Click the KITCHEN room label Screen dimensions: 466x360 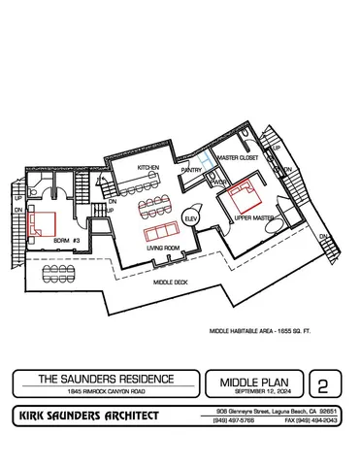pos(147,168)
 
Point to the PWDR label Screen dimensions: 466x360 pos(220,183)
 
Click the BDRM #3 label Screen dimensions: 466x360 pos(65,239)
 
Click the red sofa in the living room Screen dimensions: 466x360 pos(157,234)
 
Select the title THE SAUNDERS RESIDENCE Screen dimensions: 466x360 pos(105,378)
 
